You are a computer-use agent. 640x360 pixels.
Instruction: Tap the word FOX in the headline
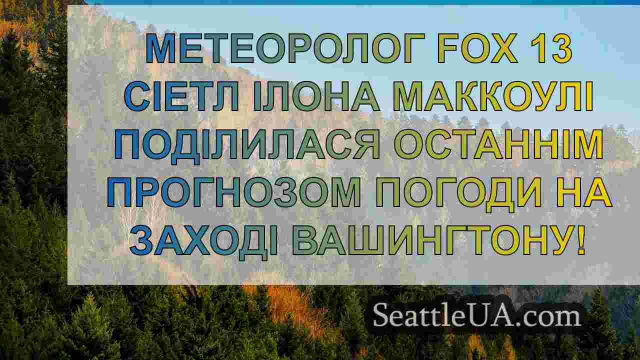(x=477, y=48)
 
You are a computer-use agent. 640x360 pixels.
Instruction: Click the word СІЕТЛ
(x=181, y=96)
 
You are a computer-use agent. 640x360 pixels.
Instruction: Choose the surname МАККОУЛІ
(x=493, y=96)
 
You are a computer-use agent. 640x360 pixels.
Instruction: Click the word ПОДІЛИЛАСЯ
(x=247, y=145)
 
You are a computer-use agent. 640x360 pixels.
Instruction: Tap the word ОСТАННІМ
(x=499, y=144)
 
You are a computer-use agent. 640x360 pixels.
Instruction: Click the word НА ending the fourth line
(x=584, y=192)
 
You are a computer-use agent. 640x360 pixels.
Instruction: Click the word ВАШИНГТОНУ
(x=428, y=240)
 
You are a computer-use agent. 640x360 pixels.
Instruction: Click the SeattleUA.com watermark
(x=477, y=315)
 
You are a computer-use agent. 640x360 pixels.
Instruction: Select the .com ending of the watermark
(x=549, y=317)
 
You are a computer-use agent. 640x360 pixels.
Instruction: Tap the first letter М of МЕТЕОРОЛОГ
(x=161, y=48)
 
